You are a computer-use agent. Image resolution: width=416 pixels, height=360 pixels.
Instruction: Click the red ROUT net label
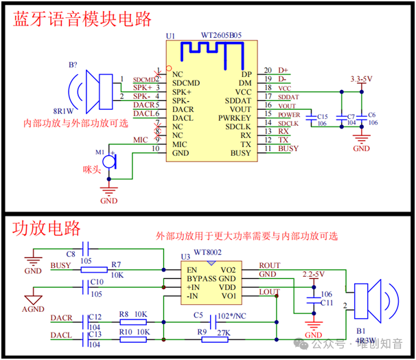pos(269,265)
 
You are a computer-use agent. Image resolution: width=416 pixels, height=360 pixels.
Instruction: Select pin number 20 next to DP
pos(268,70)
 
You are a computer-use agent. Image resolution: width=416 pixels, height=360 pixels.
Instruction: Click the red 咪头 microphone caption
pos(92,169)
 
